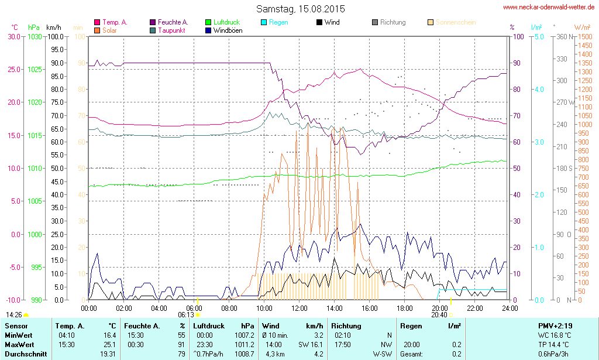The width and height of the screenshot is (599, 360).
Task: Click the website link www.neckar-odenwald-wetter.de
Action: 549,8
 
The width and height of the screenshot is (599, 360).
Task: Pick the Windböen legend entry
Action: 228,30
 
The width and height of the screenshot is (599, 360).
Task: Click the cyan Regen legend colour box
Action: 264,22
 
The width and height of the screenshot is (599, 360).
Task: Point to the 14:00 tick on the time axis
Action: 334,308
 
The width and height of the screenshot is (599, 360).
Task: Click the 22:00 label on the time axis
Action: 474,308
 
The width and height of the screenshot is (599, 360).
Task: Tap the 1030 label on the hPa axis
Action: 35,36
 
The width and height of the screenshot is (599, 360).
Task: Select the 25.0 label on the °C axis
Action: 13,69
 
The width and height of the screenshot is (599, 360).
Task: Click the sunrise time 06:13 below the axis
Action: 186,314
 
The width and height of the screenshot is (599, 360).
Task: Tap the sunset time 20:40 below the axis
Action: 439,314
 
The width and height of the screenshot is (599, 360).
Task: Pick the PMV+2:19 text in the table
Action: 556,325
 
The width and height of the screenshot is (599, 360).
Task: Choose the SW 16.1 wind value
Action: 311,344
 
